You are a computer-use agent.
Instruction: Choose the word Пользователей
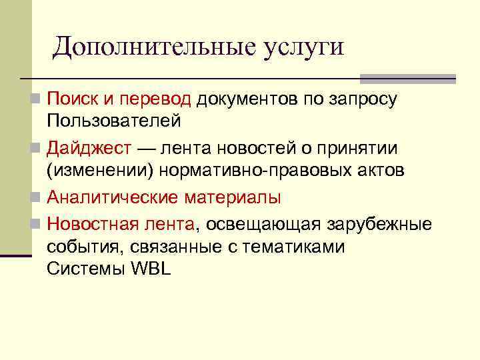point(113,121)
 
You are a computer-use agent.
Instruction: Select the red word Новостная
point(91,223)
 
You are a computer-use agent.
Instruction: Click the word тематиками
point(293,247)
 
